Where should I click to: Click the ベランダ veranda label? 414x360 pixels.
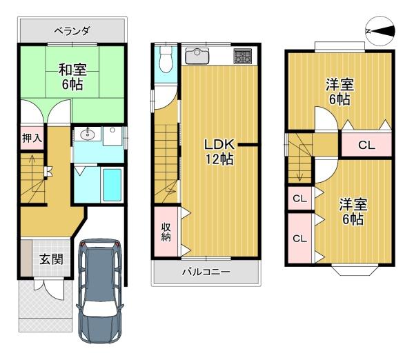(x=72, y=31)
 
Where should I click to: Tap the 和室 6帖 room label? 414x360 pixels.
(x=72, y=77)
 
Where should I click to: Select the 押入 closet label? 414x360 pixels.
(x=32, y=138)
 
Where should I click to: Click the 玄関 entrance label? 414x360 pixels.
(x=51, y=259)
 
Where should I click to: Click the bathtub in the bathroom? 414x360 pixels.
(x=112, y=185)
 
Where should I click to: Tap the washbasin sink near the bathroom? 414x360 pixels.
(x=87, y=134)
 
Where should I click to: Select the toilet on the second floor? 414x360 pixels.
(x=166, y=59)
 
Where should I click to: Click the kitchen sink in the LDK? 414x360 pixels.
(x=197, y=56)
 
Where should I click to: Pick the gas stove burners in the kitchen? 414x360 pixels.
(x=243, y=57)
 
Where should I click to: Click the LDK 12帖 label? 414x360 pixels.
(x=219, y=152)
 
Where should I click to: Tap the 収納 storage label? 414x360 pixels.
(x=166, y=232)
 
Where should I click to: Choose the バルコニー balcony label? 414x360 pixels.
(x=206, y=272)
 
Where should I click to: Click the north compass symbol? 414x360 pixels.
(x=380, y=31)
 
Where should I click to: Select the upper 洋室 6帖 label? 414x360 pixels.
(x=339, y=92)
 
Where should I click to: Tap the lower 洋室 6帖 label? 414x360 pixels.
(x=353, y=212)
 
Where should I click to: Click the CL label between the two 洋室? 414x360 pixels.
(x=366, y=145)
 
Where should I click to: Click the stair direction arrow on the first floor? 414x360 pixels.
(x=32, y=172)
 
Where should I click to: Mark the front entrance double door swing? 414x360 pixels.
(x=49, y=289)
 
